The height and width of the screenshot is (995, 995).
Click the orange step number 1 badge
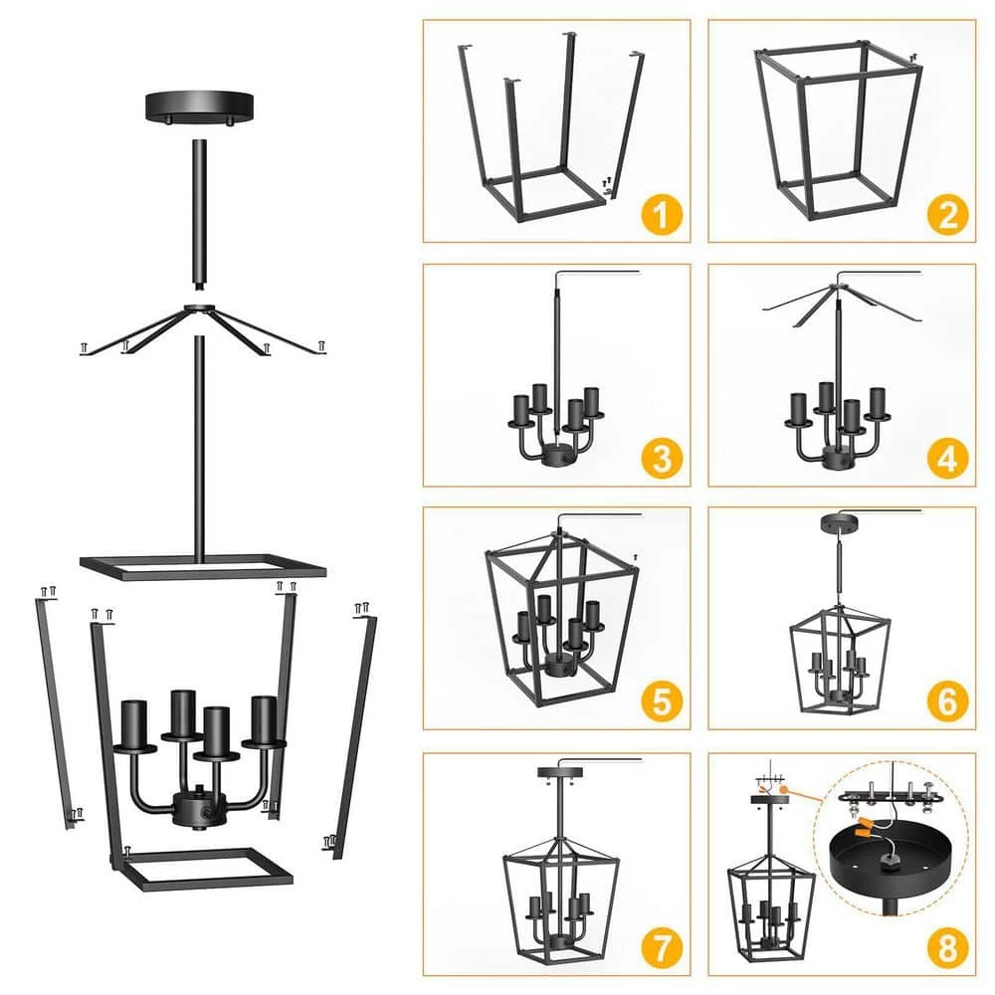click(662, 215)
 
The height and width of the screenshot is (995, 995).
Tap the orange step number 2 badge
click(947, 215)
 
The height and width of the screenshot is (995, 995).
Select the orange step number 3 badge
click(662, 458)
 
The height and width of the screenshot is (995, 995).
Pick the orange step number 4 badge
click(947, 458)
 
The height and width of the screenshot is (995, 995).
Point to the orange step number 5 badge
click(662, 701)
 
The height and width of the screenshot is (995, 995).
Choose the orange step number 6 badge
click(947, 701)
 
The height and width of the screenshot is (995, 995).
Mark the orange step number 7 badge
click(662, 947)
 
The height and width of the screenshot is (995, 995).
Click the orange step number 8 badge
click(947, 947)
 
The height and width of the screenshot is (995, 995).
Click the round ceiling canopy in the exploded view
click(199, 106)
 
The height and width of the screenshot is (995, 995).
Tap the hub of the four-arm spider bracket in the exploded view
click(200, 309)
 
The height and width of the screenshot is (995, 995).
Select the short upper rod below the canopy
click(200, 216)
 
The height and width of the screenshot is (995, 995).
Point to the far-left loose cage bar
click(56, 710)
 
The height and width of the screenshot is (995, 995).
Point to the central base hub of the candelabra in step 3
click(556, 455)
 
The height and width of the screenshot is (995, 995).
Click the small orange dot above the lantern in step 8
click(784, 790)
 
